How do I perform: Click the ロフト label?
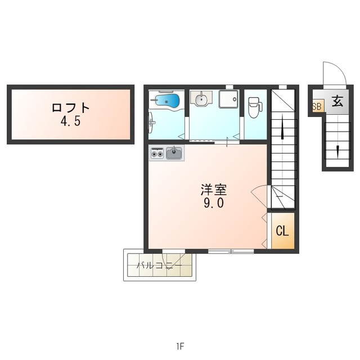[70, 107]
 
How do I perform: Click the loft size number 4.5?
[70, 121]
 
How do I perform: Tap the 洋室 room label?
[214, 190]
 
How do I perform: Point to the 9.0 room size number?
[214, 202]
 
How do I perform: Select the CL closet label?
[282, 231]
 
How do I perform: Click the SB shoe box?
[318, 106]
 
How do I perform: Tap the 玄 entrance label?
[337, 101]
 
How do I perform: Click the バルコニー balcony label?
[159, 265]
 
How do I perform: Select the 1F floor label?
[181, 346]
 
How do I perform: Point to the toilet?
[255, 107]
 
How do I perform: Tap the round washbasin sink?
[201, 99]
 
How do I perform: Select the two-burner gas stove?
[157, 153]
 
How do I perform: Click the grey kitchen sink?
[174, 153]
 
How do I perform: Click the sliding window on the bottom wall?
[231, 251]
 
